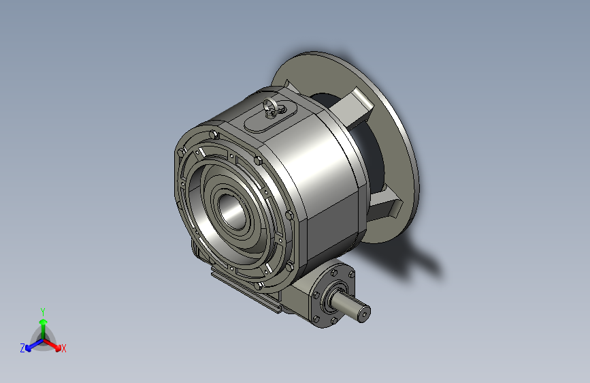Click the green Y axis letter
point(42,310)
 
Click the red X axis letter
point(64,349)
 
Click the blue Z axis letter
point(22,348)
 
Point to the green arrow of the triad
point(43,324)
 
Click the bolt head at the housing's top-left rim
point(214,134)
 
